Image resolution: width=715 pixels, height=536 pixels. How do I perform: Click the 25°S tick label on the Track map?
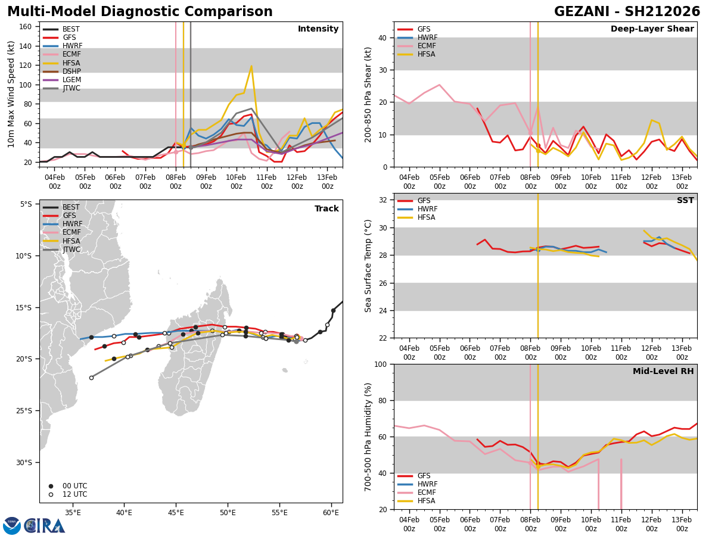pyautogui.click(x=26, y=410)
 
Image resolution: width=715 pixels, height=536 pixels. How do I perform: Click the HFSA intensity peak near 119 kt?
pyautogui.click(x=251, y=66)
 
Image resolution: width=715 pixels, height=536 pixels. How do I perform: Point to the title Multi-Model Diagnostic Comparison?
pyautogui.click(x=140, y=12)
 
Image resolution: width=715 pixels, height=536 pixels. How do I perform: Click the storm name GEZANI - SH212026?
pyautogui.click(x=627, y=12)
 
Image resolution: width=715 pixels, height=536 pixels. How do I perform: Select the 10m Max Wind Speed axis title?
pyautogui.click(x=11, y=94)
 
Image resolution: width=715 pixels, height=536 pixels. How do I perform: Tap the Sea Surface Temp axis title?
pyautogui.click(x=368, y=266)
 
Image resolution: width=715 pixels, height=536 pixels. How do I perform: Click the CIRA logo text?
pyautogui.click(x=45, y=525)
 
